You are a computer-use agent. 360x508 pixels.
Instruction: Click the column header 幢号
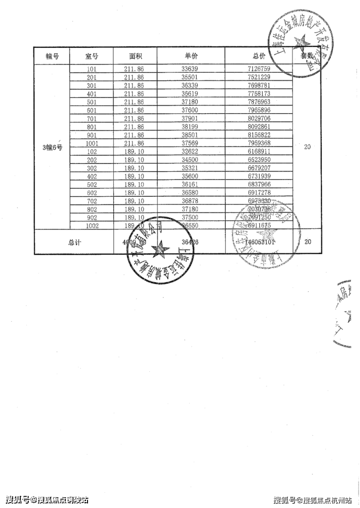coord(52,56)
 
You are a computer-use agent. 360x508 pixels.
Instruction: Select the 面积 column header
coord(136,56)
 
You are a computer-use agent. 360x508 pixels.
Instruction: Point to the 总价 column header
coord(259,56)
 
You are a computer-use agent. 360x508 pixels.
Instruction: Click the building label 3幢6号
coord(52,147)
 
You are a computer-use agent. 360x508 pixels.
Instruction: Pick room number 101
coord(91,70)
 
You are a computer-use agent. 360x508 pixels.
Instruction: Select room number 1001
coord(91,143)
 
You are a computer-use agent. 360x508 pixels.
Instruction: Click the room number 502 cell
coord(91,185)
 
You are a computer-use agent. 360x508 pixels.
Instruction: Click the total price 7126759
coord(258,70)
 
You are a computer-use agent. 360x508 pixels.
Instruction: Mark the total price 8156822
coord(258,135)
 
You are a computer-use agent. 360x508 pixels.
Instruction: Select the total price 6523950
coord(258,160)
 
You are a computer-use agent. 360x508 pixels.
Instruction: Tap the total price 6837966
coord(258,185)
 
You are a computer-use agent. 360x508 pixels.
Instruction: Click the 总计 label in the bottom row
coord(74,242)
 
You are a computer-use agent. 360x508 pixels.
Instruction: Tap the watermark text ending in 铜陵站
coord(47,500)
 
